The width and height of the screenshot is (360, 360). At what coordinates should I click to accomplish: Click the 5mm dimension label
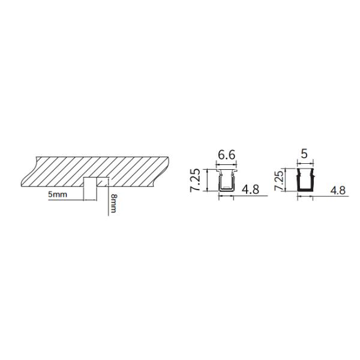58,194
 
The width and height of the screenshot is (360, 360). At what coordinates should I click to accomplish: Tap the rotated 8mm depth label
113,203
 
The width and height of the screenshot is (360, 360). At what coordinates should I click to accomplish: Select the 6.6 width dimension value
226,155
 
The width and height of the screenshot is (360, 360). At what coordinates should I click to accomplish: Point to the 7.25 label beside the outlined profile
196,180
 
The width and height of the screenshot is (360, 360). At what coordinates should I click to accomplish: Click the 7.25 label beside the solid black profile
280,181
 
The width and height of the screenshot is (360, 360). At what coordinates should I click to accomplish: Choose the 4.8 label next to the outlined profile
250,190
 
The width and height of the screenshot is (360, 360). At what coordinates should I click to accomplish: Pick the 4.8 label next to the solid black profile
337,190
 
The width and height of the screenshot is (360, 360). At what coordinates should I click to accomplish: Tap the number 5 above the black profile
304,154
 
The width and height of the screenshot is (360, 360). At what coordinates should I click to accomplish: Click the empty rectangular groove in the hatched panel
90,182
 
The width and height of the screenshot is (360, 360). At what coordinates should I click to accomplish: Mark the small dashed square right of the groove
103,182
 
